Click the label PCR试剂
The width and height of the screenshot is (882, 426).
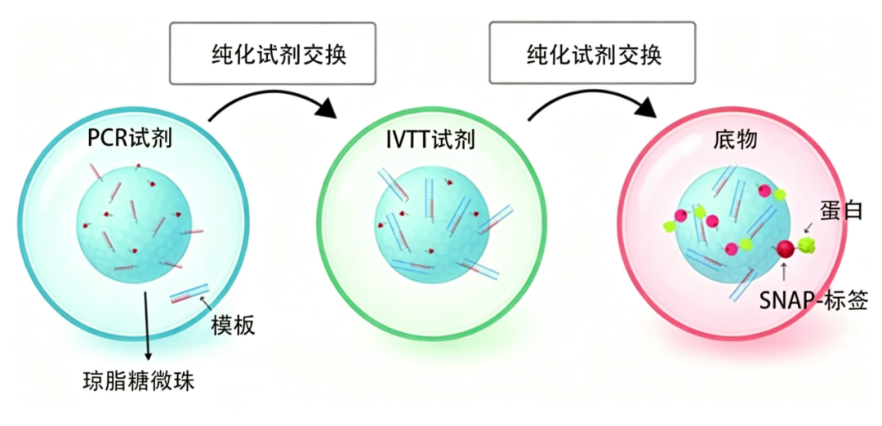pos(130,138)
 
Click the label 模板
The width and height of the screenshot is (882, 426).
pos(233,325)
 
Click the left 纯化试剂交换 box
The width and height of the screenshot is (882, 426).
pos(272,53)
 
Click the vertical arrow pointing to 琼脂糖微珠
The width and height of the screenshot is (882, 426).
pos(147,326)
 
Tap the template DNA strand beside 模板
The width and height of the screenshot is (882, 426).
pos(189,293)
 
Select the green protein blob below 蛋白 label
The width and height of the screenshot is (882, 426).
pos(805,245)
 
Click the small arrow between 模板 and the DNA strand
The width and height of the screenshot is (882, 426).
pos(206,306)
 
